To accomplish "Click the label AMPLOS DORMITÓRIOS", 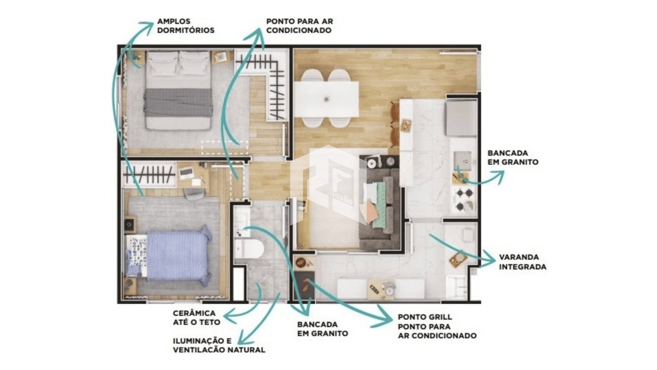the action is pyautogui.click(x=186, y=26).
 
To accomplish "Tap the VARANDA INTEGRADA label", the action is pyautogui.click(x=523, y=262).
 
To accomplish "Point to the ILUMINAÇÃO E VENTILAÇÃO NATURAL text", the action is pyautogui.click(x=219, y=345).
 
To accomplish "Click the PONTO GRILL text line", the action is pyautogui.click(x=425, y=317).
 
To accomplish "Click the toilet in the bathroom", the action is pyautogui.click(x=249, y=249).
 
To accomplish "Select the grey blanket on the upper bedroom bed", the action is pyautogui.click(x=178, y=102).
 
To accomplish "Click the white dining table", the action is pyautogui.click(x=326, y=99).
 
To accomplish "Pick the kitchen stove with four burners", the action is pyautogui.click(x=464, y=199).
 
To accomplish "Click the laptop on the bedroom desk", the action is pyautogui.click(x=186, y=173).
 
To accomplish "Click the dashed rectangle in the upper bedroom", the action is pyautogui.click(x=224, y=147).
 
